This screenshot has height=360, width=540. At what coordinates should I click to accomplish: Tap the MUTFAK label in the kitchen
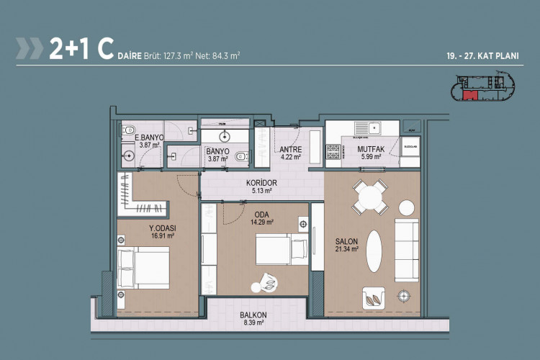371,150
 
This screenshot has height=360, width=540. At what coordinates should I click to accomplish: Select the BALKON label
253,315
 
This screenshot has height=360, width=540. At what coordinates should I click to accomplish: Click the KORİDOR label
261,183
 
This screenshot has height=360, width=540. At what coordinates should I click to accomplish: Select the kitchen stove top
334,153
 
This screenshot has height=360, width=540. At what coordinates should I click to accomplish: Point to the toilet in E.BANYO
128,132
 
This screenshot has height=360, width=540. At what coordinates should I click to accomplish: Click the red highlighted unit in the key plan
470,95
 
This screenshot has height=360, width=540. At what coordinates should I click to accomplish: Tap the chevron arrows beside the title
30,48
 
